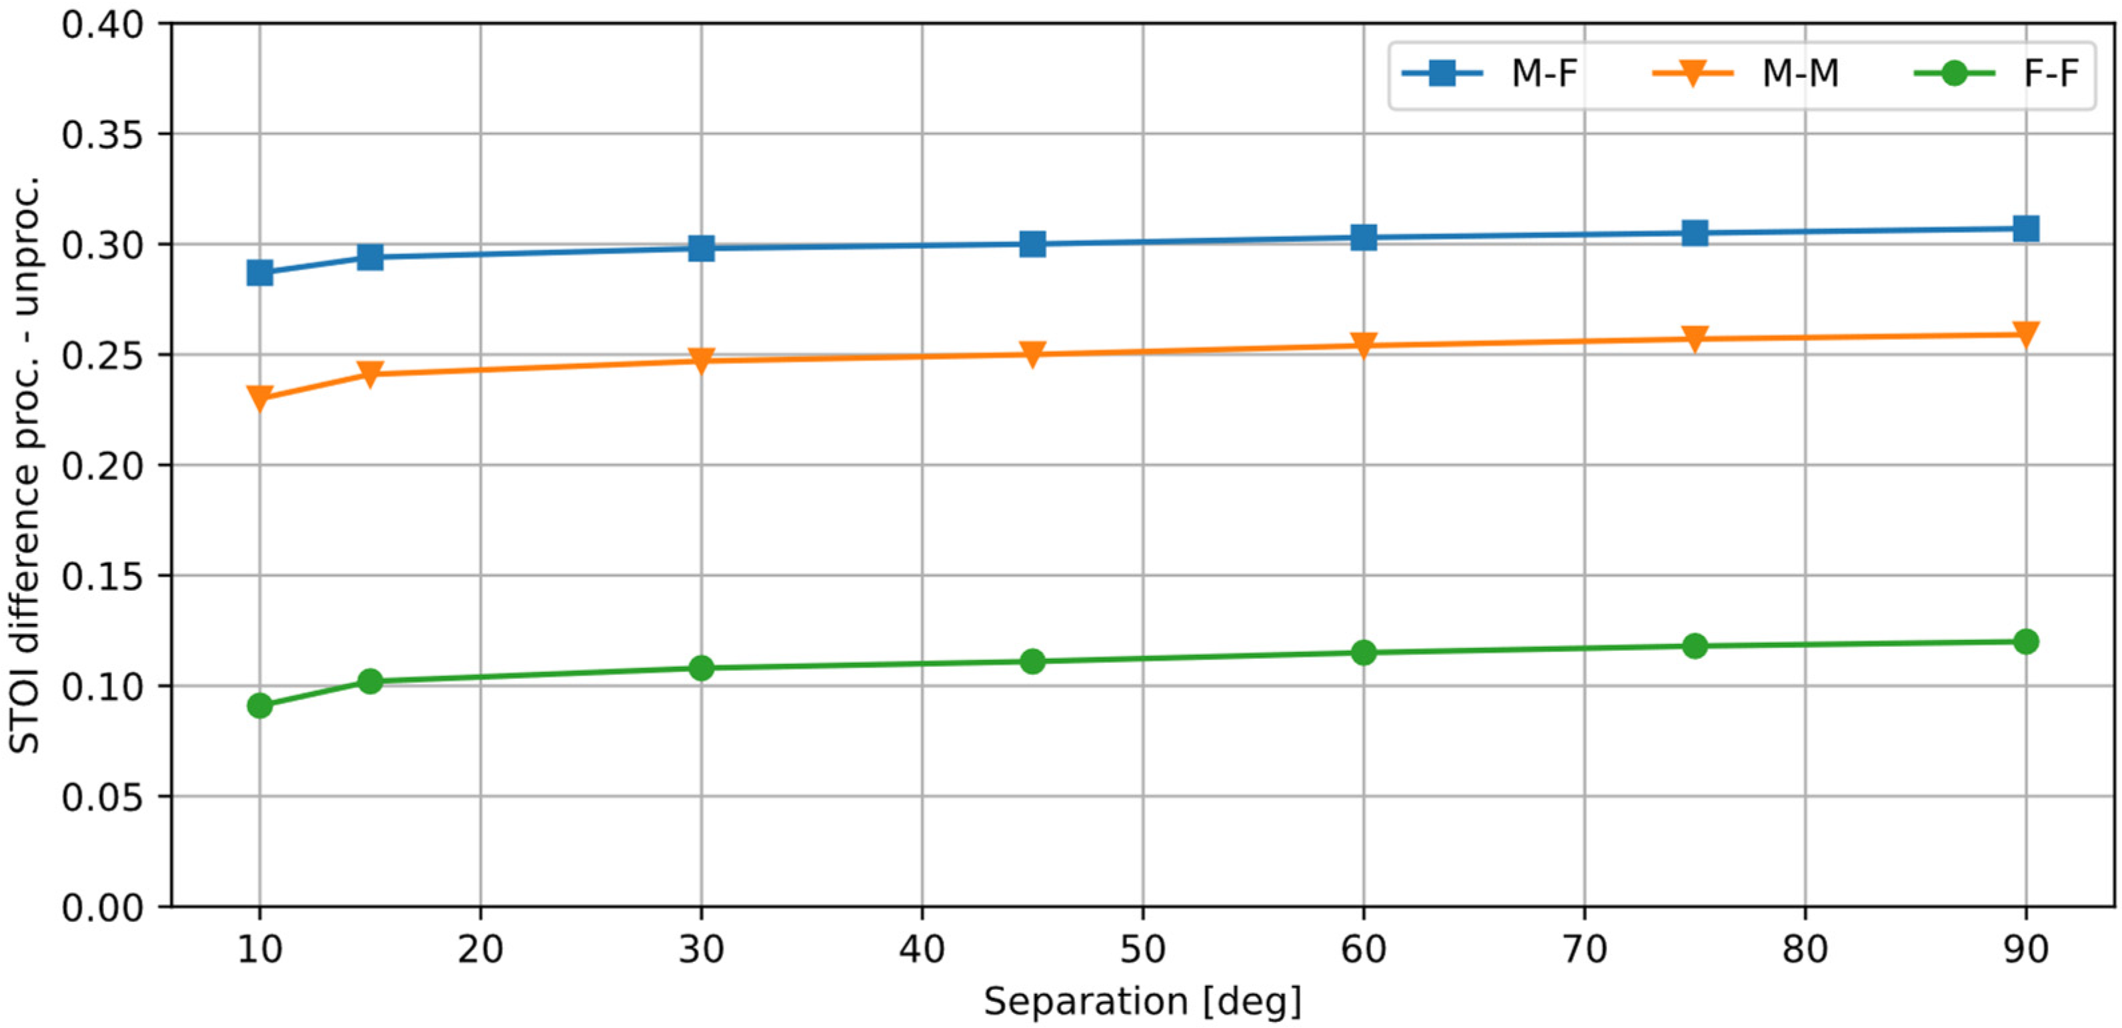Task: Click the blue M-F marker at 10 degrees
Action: click(259, 272)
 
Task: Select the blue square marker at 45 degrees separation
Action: click(1032, 244)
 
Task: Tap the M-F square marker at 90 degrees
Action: click(2025, 228)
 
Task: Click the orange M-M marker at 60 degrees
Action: click(1363, 344)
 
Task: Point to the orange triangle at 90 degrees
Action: click(2025, 333)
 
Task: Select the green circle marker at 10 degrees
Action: click(259, 705)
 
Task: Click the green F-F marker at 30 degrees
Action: click(701, 667)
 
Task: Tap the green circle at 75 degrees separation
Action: click(1695, 646)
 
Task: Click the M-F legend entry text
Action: click(1544, 74)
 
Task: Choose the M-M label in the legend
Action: click(1800, 74)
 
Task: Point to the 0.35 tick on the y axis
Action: click(102, 134)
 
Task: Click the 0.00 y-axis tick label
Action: click(102, 907)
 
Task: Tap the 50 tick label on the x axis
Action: click(1142, 950)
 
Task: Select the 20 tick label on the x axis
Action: click(480, 950)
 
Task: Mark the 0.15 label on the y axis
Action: click(102, 576)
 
